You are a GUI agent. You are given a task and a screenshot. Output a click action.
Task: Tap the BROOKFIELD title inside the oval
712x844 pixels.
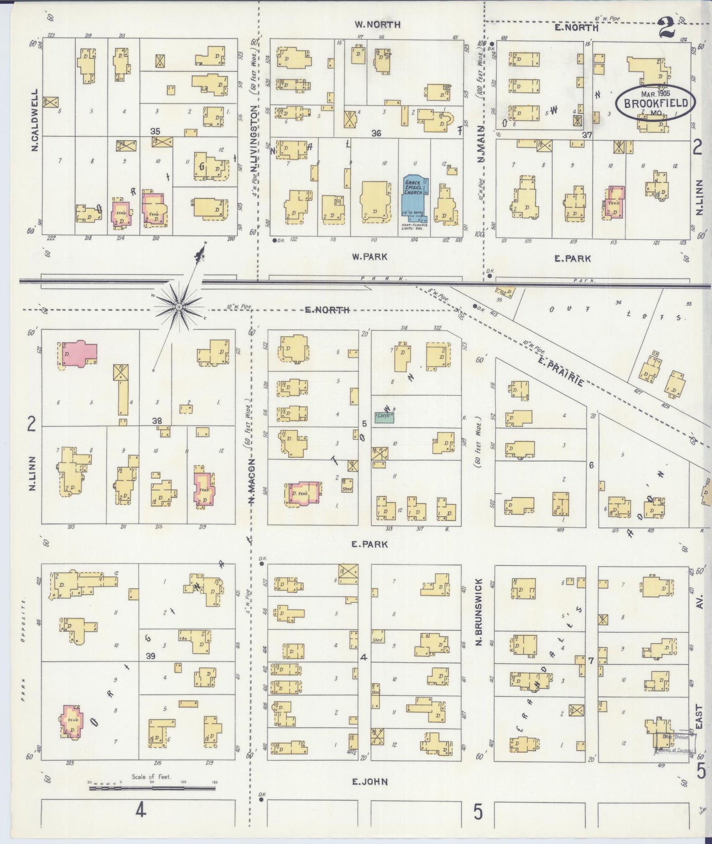point(655,103)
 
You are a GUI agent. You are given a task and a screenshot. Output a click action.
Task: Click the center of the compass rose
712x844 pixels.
point(179,307)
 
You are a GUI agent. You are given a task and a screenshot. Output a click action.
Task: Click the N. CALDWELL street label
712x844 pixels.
point(34,120)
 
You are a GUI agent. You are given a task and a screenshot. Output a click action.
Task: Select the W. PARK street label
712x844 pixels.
point(369,257)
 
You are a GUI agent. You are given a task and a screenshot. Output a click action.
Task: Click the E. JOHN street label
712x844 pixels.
point(369,781)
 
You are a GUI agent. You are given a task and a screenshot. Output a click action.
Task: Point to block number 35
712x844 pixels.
point(155,131)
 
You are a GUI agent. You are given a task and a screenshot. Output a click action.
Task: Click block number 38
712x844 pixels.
point(157,421)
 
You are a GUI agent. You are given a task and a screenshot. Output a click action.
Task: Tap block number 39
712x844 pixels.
point(150,656)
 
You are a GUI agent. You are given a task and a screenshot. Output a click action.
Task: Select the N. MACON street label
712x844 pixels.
point(252,482)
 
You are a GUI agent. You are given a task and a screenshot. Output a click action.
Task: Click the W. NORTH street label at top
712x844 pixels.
point(377,24)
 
